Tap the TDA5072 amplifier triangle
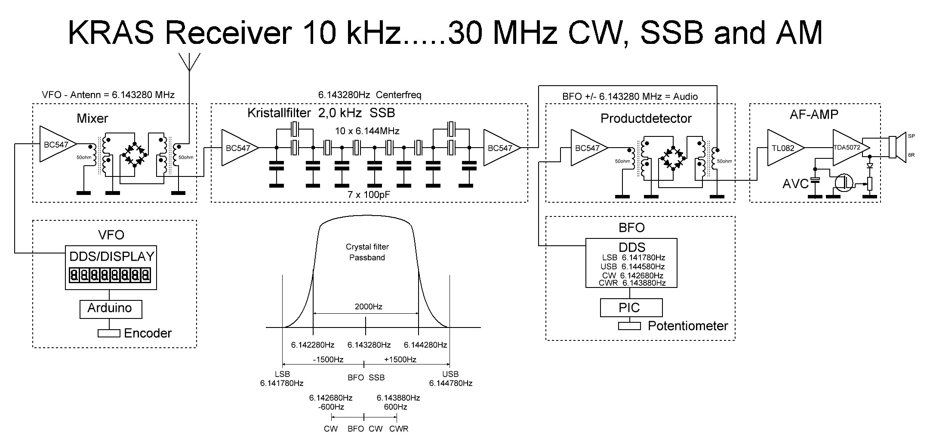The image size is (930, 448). coord(846,148)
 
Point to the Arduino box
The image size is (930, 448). coord(111,309)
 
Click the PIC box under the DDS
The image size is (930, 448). coord(631,308)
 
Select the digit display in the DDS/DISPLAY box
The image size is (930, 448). coord(110,275)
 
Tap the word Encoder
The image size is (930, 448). coord(148,333)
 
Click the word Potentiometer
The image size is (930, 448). coord(687,326)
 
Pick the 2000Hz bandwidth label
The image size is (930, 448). coord(368,307)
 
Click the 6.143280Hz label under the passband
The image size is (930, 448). coord(369,345)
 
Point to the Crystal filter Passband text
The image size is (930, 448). coord(367,252)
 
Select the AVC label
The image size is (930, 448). coord(795,184)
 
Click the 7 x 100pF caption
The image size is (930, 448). coord(368,195)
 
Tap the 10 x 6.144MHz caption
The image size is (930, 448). coord(367,131)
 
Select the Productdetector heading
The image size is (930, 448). coord(646,118)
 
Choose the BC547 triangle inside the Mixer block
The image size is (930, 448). coord(56,145)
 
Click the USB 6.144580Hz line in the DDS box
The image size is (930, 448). coord(633,266)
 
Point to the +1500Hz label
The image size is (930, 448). coord(400,359)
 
